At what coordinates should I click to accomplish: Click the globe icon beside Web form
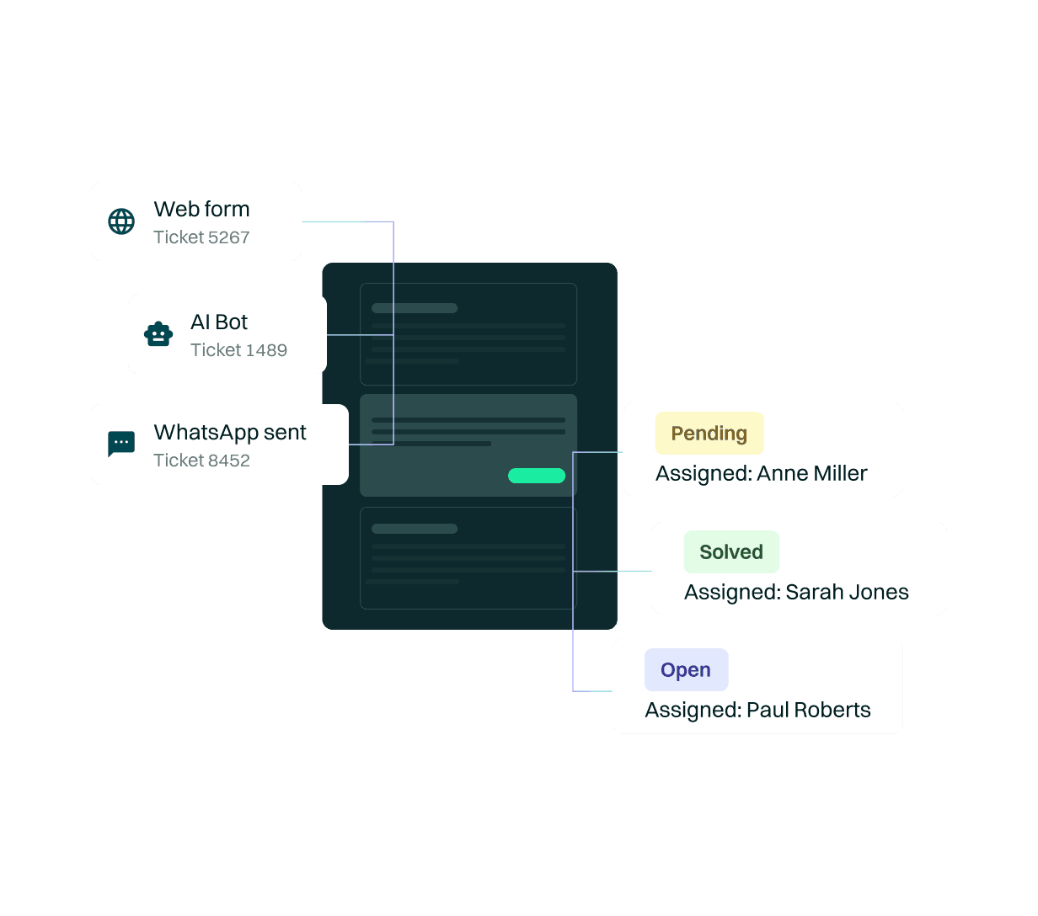tap(121, 221)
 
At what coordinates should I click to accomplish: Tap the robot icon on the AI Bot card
tap(158, 334)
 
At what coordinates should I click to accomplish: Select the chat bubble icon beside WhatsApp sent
tap(121, 444)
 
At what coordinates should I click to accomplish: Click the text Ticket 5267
tap(201, 237)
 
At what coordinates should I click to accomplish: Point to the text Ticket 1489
tap(238, 350)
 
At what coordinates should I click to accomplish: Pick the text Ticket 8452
tap(201, 461)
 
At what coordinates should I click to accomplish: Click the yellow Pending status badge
tap(709, 434)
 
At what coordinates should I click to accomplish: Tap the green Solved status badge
tap(731, 552)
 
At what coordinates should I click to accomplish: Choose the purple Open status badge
tap(686, 670)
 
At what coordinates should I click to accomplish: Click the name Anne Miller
tap(812, 474)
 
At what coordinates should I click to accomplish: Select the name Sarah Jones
tap(847, 593)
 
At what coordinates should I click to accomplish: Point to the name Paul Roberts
tap(808, 711)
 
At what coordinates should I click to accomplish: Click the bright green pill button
tap(537, 476)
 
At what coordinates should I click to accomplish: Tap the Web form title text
tap(201, 210)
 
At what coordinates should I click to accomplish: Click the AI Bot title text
tap(219, 322)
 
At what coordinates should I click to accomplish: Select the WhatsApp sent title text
tap(230, 433)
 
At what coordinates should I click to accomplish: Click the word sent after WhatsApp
tap(285, 433)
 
